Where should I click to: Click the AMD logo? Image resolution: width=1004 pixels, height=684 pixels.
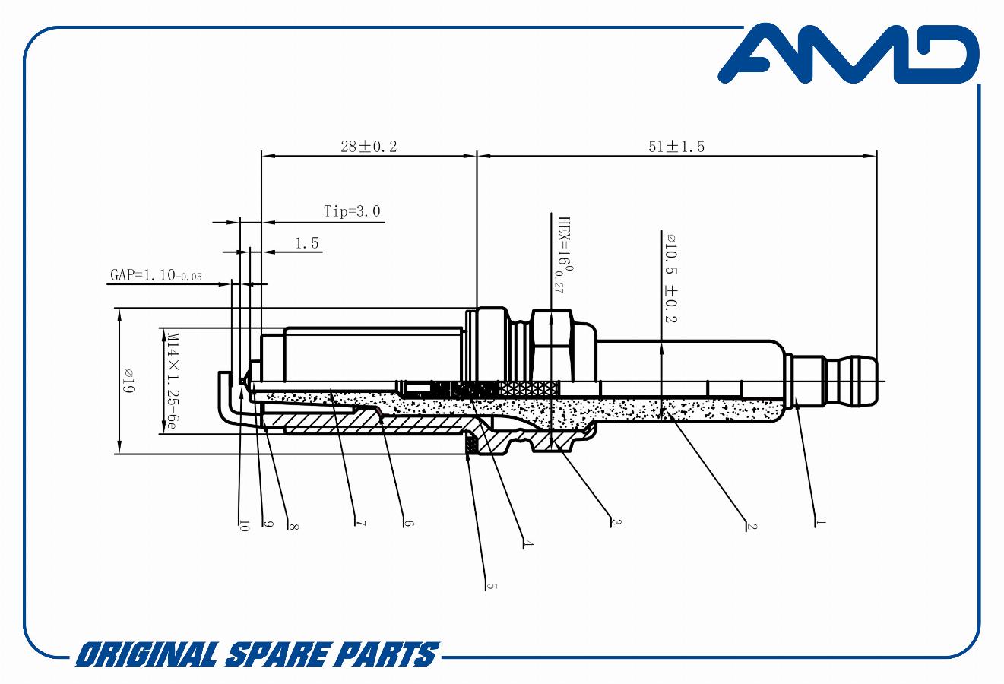pos(848,54)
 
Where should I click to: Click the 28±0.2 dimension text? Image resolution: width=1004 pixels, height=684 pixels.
pos(369,147)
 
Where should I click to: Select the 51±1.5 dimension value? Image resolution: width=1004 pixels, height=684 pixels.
pos(676,147)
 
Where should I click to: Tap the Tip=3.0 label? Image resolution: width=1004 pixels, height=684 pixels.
pos(352,211)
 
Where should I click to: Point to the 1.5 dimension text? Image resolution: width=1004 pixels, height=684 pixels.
pos(306,243)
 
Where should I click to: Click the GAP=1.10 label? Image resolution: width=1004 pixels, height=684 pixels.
pos(156,275)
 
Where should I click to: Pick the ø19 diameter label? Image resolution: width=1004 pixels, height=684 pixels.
pos(128,380)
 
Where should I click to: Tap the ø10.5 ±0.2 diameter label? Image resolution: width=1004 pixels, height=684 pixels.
pos(670,277)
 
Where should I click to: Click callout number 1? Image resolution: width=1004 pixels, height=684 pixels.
pos(820,522)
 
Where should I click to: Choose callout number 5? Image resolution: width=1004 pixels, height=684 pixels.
pos(491,586)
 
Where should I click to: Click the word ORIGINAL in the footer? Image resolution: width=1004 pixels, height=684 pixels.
pos(146,654)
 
